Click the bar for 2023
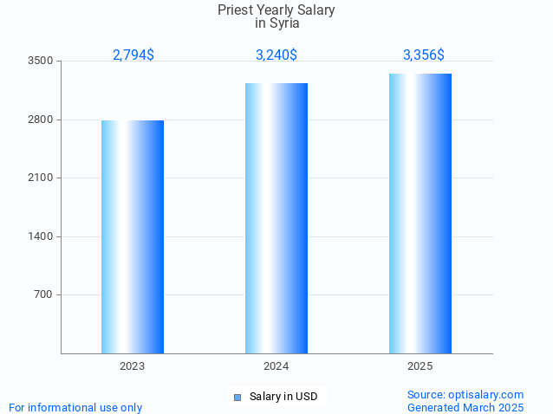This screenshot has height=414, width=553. [x=133, y=236]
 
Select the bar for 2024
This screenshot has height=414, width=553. [x=276, y=218]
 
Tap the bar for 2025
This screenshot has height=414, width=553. [x=420, y=213]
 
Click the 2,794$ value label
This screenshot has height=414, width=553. [x=133, y=55]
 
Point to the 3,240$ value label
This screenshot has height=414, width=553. [x=276, y=55]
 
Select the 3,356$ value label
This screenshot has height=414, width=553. [x=424, y=55]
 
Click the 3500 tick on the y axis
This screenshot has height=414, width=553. [x=40, y=61]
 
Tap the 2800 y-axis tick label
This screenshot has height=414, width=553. [x=40, y=120]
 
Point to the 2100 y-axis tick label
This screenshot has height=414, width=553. [x=40, y=178]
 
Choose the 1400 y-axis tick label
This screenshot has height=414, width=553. [x=40, y=236]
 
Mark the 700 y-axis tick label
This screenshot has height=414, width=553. [x=43, y=294]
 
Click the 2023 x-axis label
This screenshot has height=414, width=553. [x=133, y=366]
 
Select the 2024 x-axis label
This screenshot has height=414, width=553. [x=276, y=366]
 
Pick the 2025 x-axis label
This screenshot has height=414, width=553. [x=420, y=366]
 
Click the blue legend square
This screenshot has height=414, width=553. [x=237, y=398]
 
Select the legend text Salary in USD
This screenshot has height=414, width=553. [x=283, y=397]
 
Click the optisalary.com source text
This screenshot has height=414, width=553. [x=465, y=394]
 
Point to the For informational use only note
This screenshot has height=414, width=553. [x=75, y=407]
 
